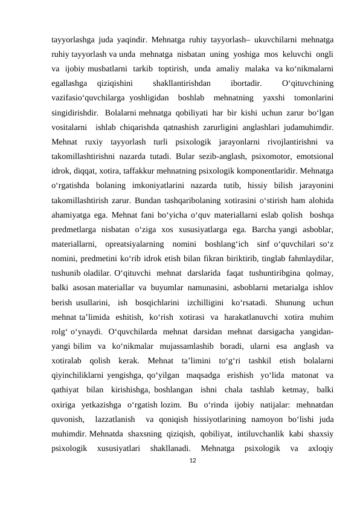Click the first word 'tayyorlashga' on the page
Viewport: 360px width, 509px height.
[69, 31]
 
